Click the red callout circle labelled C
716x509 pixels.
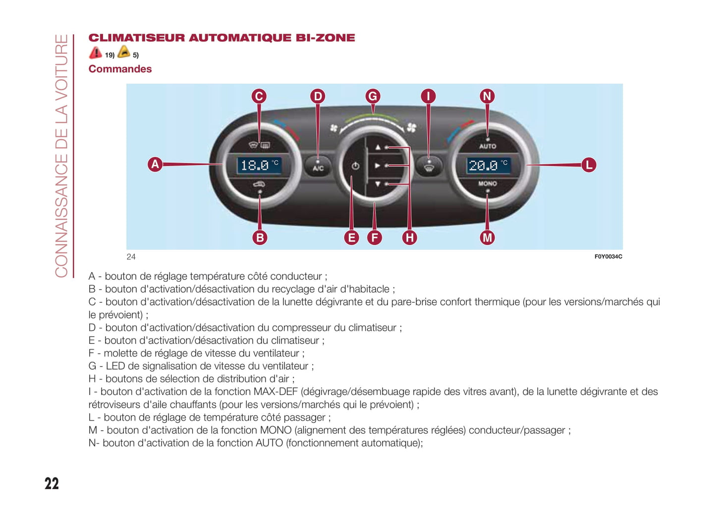(x=259, y=96)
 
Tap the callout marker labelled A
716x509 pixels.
(x=155, y=164)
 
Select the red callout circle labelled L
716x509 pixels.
(x=588, y=165)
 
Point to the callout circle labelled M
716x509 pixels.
(x=487, y=238)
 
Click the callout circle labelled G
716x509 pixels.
(x=373, y=96)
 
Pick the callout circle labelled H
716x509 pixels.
(x=409, y=238)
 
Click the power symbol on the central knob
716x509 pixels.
(x=355, y=166)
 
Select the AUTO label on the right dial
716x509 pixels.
(x=488, y=146)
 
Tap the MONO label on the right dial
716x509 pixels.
(x=488, y=184)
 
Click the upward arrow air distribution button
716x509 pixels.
(x=378, y=147)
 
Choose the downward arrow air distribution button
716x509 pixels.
(x=378, y=184)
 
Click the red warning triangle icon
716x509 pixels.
(x=95, y=53)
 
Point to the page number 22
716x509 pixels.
(x=52, y=484)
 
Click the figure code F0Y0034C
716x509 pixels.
(x=608, y=256)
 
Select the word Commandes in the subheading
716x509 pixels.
(x=120, y=69)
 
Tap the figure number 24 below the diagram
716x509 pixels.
(x=131, y=256)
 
